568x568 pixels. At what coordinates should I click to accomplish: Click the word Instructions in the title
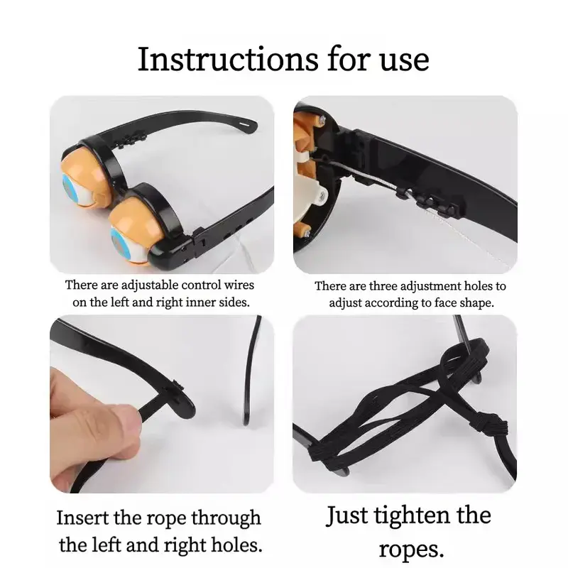228,59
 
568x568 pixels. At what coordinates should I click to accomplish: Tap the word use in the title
405,62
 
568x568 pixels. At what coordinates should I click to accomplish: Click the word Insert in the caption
83,518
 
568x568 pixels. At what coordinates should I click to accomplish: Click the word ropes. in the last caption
411,550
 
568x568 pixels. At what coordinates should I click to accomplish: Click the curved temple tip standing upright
252,370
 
